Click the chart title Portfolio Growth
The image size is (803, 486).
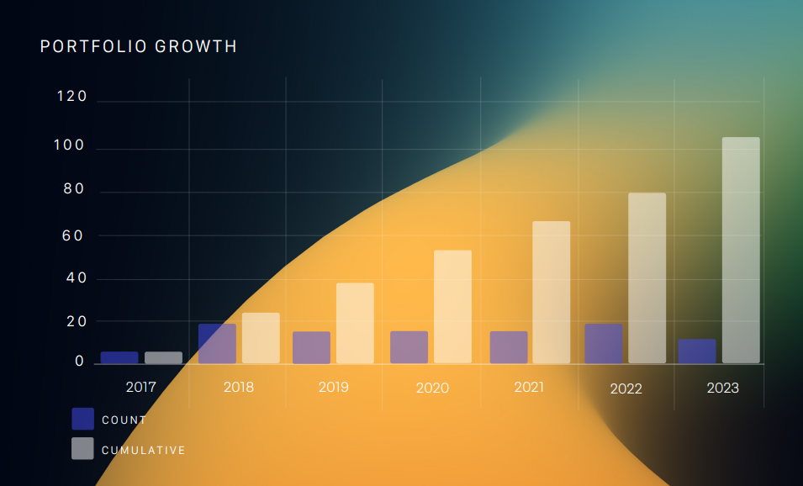pos(139,47)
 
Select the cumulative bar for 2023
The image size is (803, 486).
pos(741,251)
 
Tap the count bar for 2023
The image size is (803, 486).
pos(697,351)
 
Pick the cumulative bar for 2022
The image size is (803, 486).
pos(647,278)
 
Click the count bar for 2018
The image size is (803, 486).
pos(217,343)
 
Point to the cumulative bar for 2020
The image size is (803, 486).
pos(452,307)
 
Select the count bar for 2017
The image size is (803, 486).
pos(119,357)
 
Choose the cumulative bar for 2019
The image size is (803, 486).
pos(355,323)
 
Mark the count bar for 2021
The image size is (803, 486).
pos(509,347)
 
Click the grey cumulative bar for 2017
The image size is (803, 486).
pos(163,357)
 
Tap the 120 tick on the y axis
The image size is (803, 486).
pos(72,97)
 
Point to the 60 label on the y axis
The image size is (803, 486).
pos(74,235)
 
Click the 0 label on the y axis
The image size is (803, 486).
pos(80,362)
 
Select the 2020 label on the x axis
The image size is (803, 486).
pos(432,388)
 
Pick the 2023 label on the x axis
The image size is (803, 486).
pos(723,388)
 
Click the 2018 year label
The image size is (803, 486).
pos(239,388)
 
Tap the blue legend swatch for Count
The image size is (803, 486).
pos(82,419)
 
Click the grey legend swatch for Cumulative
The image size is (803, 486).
pos(82,449)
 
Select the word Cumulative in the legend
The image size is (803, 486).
pos(143,451)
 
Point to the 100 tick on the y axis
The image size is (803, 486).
pos(68,145)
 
